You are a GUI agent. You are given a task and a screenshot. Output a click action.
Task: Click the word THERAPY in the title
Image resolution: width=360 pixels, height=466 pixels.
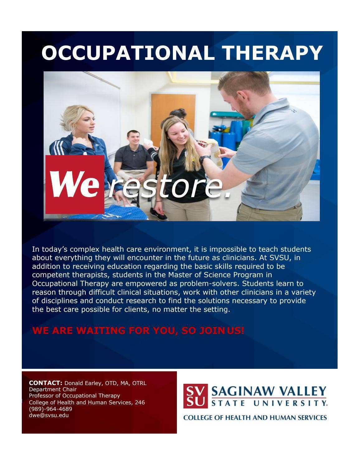point(272,53)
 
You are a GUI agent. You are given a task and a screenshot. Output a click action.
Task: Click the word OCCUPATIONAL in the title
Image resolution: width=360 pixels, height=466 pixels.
point(128,53)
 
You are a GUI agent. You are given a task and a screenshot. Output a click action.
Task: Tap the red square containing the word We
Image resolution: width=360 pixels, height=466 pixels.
point(75,184)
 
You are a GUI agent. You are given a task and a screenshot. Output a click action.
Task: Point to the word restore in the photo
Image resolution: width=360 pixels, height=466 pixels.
point(169,187)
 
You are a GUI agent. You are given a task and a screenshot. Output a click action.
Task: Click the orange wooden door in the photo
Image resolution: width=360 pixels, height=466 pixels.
point(173,120)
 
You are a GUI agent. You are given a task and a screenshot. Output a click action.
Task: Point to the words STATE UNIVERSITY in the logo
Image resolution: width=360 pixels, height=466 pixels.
point(269,403)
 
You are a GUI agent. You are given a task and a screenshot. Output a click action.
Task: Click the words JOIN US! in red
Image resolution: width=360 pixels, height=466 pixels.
point(222,330)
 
